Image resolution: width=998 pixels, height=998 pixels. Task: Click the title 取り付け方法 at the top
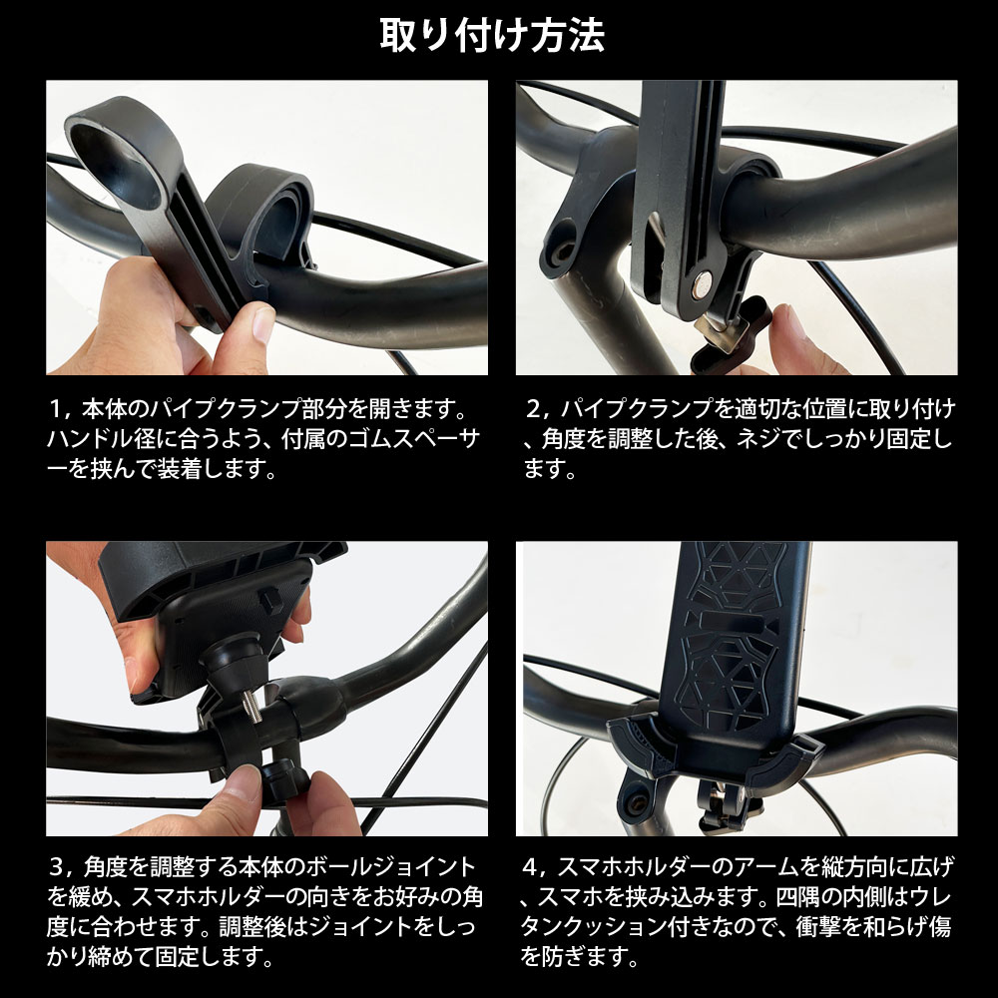pos(492,36)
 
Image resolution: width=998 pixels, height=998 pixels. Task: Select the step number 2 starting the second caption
pos(536,409)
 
